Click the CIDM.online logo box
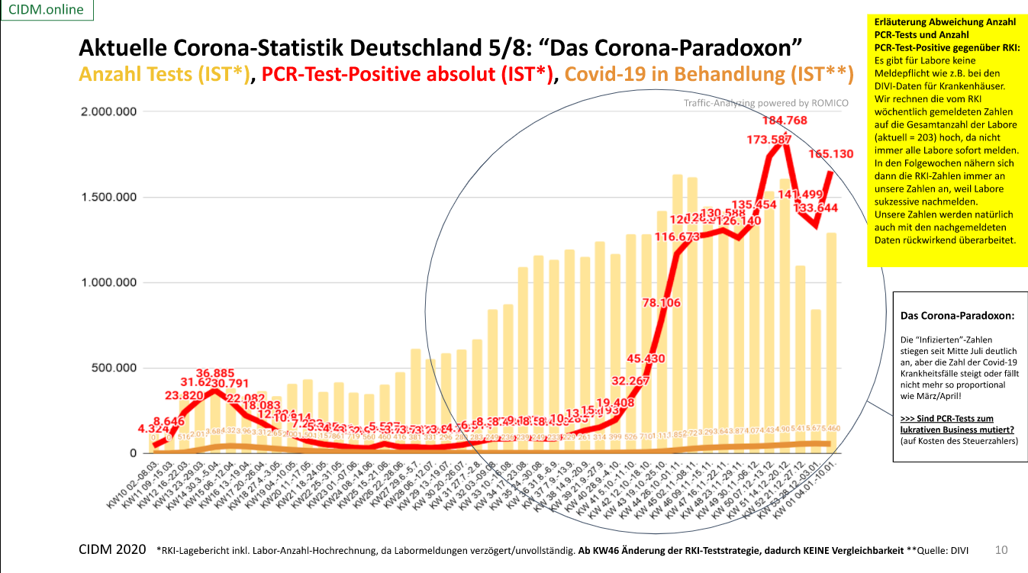point(47,10)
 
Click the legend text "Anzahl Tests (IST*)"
point(164,74)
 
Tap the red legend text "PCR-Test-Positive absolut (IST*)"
point(408,74)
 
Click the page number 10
point(1002,549)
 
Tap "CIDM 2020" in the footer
point(113,549)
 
